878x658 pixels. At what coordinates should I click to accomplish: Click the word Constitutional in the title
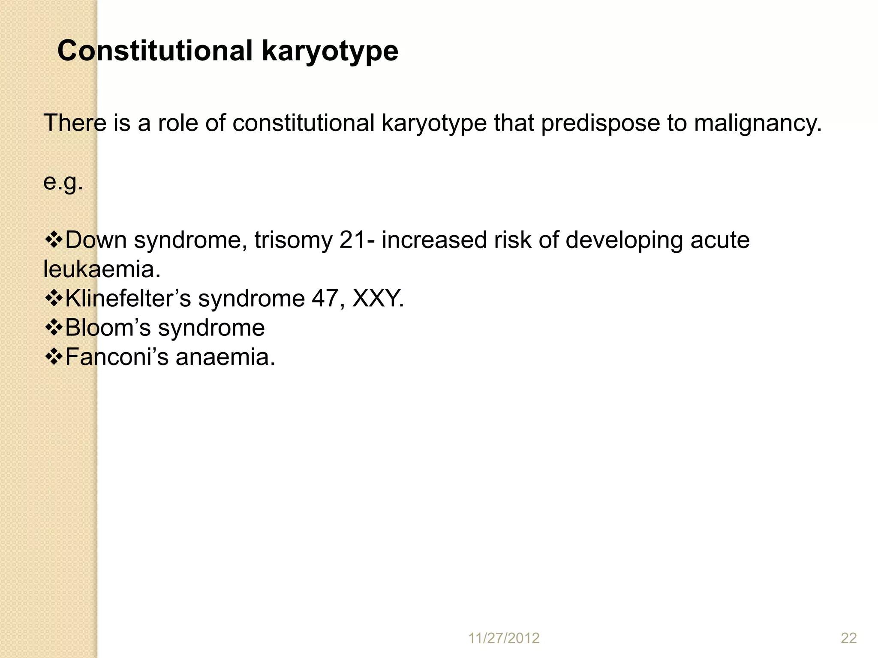coord(155,51)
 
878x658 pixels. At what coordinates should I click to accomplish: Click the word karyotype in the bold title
coord(330,51)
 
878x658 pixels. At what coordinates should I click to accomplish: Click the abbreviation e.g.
coord(63,182)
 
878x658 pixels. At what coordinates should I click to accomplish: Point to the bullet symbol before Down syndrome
coord(54,239)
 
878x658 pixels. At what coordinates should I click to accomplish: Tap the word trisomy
coord(293,240)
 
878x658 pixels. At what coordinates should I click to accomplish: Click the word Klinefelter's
coord(128,298)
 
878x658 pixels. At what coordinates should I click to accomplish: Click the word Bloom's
coord(108,328)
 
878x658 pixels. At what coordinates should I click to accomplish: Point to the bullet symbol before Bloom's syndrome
coord(54,328)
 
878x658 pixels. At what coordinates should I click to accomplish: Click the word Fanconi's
coord(117,357)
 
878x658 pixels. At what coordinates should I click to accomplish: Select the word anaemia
coord(225,357)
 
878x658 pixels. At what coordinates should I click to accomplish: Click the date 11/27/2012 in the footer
coord(504,638)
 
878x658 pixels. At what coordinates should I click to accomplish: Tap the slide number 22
coord(848,638)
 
